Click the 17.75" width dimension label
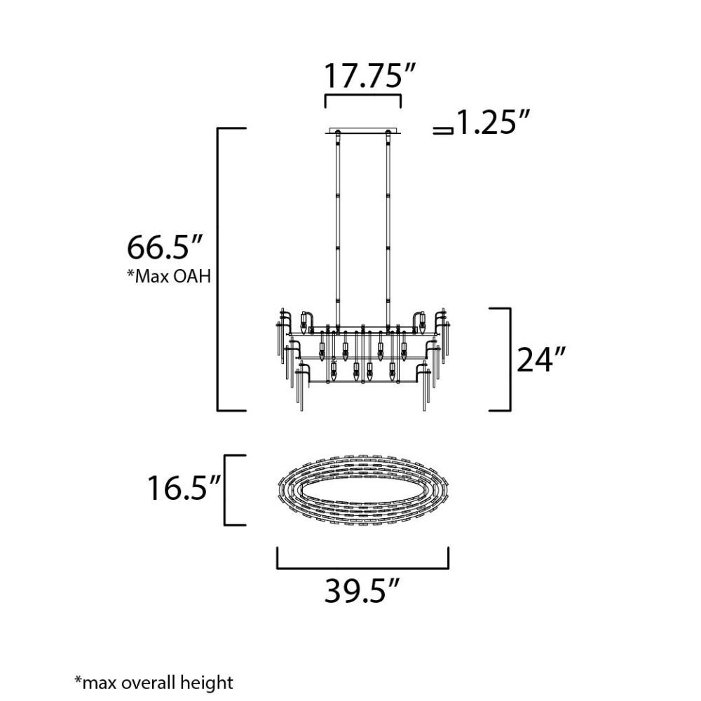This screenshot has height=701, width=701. (x=369, y=76)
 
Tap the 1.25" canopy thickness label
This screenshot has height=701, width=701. (x=493, y=122)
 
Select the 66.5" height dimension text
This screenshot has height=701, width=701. (x=165, y=247)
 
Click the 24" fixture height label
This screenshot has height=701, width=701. (x=541, y=360)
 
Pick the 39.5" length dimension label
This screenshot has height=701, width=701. (x=361, y=591)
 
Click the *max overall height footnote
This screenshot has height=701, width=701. (x=154, y=683)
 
